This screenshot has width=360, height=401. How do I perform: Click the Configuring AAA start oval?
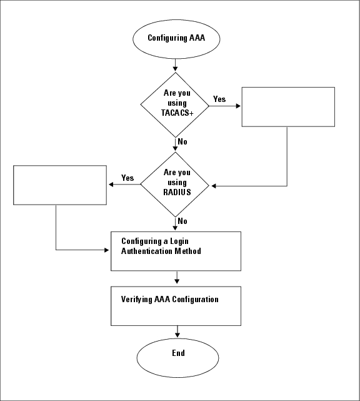176,38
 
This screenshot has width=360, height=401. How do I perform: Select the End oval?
178,353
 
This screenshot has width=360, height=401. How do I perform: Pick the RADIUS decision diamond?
174,183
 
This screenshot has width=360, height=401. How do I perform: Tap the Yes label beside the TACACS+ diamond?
219,99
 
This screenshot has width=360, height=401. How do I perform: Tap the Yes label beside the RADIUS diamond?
127,178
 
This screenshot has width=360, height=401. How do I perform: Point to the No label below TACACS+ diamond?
182,141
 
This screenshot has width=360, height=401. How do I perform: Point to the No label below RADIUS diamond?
182,221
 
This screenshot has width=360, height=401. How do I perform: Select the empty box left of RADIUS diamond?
60,185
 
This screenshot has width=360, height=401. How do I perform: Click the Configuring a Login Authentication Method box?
176,251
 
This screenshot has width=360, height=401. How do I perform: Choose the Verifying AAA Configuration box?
176,306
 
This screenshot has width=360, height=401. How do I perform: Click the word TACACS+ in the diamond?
174,113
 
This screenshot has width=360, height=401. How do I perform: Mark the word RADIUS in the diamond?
175,192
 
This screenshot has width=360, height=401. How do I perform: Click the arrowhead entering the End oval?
178,335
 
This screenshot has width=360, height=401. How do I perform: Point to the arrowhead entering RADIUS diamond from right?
213,186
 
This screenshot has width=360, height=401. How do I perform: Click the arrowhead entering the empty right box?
238,106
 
